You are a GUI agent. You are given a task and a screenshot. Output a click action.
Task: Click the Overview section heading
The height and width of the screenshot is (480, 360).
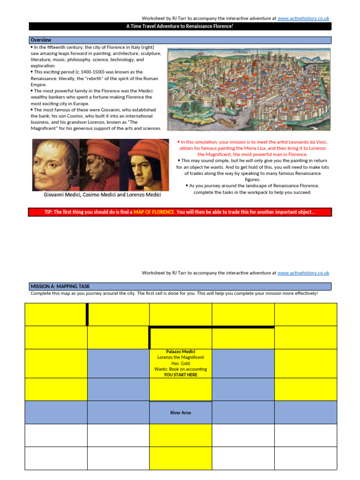[41, 40]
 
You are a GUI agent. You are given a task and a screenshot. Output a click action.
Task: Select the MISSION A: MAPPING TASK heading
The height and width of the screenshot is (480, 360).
[60, 286]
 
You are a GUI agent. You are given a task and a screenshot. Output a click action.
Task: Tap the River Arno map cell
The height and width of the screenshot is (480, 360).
[180, 412]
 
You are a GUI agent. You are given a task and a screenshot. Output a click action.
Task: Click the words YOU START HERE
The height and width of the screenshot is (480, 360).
[180, 375]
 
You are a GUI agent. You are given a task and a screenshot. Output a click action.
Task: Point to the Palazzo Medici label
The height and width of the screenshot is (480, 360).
[180, 352]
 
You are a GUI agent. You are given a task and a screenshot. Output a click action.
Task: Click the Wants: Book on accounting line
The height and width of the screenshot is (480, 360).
[180, 369]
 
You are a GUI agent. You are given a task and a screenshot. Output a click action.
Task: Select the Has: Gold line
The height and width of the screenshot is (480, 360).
[180, 363]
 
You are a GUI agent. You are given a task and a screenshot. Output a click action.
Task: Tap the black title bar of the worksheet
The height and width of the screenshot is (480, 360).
[180, 26]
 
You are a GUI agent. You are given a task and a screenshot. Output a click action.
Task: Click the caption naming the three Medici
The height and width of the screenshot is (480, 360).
[102, 195]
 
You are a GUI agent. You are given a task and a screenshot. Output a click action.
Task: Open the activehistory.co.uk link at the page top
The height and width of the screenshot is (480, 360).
[303, 18]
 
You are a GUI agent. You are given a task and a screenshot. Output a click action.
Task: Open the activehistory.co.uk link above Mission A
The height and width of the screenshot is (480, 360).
[303, 273]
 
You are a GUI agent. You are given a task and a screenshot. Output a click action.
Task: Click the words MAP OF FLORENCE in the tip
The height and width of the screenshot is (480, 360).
[154, 212]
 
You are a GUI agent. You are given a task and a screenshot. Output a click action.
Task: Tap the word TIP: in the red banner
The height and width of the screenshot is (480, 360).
[49, 212]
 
